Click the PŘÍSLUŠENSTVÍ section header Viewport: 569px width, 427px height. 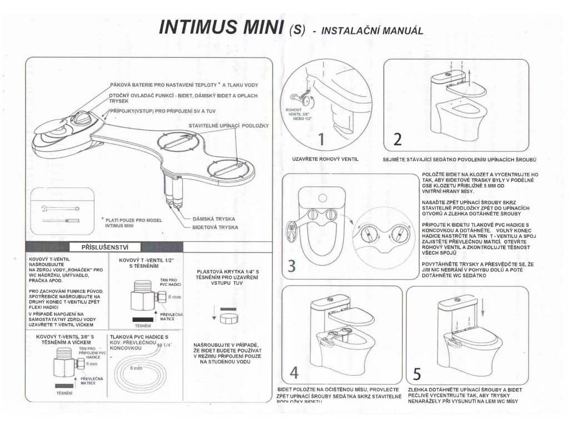[105, 247]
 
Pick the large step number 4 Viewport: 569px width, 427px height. [295, 371]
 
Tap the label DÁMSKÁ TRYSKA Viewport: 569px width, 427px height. [215, 219]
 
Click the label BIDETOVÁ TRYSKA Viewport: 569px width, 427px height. [215, 227]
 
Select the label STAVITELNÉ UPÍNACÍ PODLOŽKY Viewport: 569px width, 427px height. [228, 126]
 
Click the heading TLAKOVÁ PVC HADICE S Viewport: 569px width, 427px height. [139, 337]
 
